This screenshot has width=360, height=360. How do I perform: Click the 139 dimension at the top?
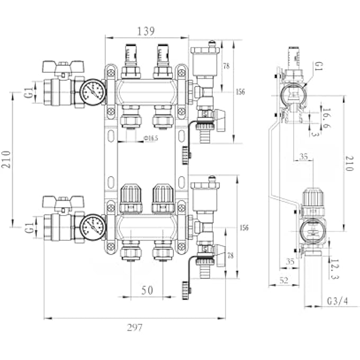(x=146, y=31)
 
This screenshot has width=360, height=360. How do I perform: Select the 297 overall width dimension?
(x=134, y=327)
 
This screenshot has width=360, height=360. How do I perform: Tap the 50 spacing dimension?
(x=147, y=290)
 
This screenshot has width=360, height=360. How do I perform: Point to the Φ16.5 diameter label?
(x=151, y=138)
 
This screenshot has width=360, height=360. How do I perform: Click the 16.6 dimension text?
(x=326, y=117)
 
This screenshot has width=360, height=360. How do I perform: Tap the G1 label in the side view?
(x=318, y=67)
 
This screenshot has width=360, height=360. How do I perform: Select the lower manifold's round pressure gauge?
(x=93, y=227)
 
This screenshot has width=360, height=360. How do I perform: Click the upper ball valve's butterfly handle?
(x=63, y=67)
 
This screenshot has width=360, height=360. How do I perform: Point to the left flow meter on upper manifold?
(x=131, y=56)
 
